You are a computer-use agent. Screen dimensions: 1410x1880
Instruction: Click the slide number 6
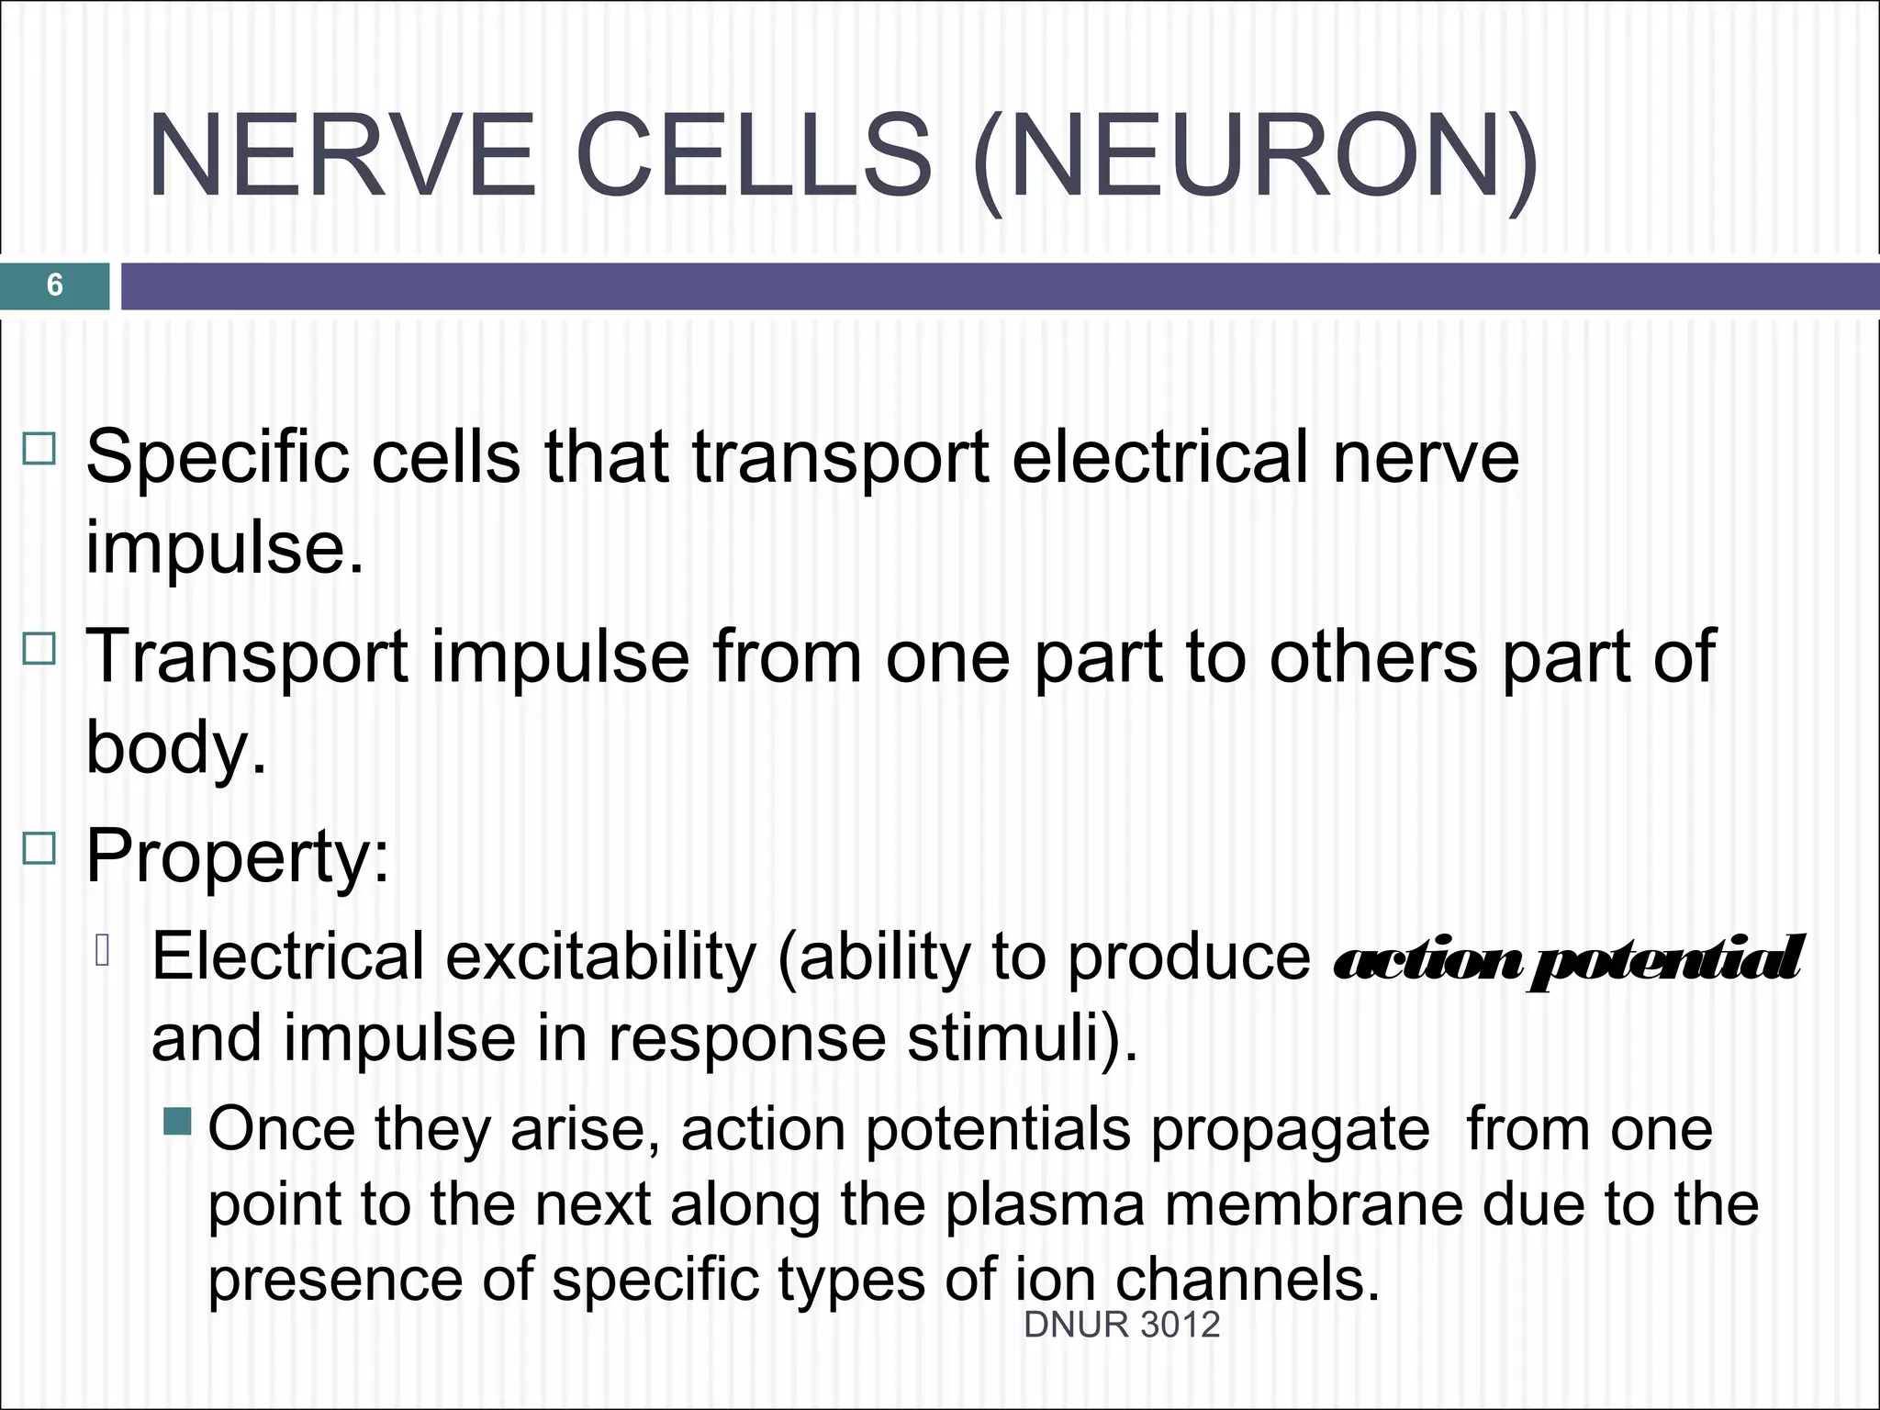[x=54, y=285]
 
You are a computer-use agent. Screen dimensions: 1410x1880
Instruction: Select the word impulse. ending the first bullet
[x=225, y=548]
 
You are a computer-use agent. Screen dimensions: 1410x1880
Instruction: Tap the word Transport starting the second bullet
[x=247, y=656]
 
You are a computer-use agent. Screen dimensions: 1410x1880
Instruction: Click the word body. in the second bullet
[x=175, y=746]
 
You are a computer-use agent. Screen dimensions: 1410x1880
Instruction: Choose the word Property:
[x=238, y=856]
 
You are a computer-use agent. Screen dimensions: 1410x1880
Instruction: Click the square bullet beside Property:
[x=39, y=848]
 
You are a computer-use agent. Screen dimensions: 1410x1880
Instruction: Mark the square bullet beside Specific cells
[x=39, y=450]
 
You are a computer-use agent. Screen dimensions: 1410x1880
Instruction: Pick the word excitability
[x=601, y=957]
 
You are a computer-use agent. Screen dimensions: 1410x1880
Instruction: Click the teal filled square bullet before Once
[x=178, y=1122]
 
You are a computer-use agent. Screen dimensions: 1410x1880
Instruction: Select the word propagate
[x=1290, y=1130]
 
